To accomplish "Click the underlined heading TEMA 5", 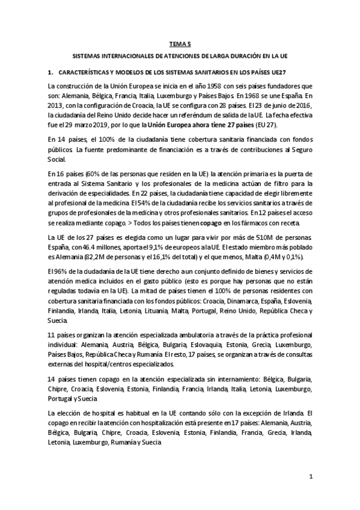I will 180,43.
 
